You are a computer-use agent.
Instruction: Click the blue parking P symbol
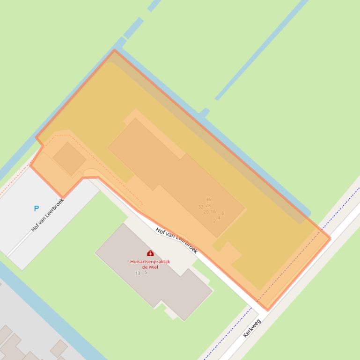pos(36,208)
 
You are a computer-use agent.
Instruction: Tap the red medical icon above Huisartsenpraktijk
pos(150,253)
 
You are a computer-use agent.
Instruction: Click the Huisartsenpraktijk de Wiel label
pos(150,264)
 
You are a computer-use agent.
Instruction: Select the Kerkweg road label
pos(252,328)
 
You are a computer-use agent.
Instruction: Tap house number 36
pos(208,200)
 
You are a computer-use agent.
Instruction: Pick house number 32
pos(201,207)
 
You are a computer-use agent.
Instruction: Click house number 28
pos(208,205)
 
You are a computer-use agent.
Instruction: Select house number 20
pos(206,212)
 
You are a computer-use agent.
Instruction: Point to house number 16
pos(213,212)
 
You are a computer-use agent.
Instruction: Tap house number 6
pos(223,214)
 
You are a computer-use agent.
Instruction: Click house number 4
pos(219,217)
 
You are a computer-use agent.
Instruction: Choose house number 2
pos(214,221)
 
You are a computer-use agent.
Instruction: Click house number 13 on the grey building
pos(138,273)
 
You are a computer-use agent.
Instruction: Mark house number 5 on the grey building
pos(146,272)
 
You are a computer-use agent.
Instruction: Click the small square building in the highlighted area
pos(69,158)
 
